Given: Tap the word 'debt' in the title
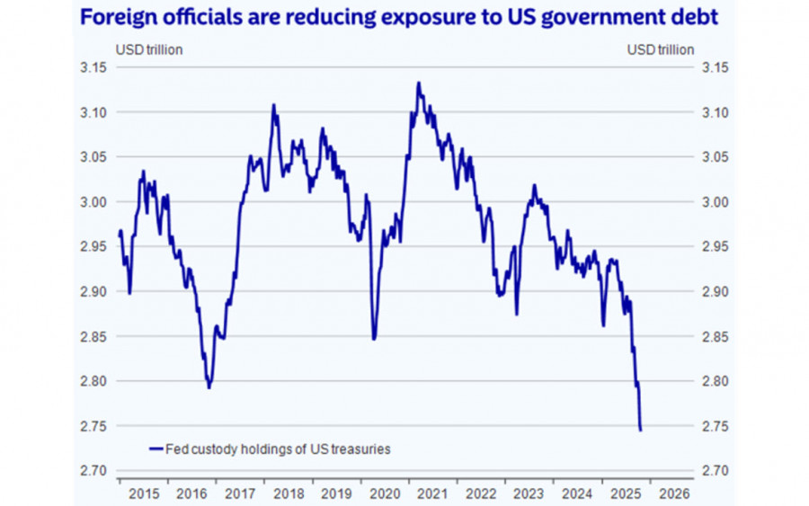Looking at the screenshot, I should [x=695, y=18].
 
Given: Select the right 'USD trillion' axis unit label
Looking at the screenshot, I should [x=661, y=49].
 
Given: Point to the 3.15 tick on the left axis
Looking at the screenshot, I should [x=93, y=67].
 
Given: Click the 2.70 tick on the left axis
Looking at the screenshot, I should [x=93, y=471].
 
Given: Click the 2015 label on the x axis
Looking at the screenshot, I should [x=144, y=493].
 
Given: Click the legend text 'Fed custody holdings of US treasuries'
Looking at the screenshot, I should [x=279, y=448].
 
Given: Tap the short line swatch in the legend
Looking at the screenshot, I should [x=156, y=448].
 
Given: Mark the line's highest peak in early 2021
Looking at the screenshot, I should [x=418, y=83].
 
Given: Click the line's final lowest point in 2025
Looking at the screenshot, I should [x=640, y=431].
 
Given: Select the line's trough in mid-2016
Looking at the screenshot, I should [x=209, y=387].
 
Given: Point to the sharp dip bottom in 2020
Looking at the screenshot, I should [x=374, y=339].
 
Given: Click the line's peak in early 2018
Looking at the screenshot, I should [x=273, y=105].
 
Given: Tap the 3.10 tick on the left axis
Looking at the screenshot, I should [x=93, y=112].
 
